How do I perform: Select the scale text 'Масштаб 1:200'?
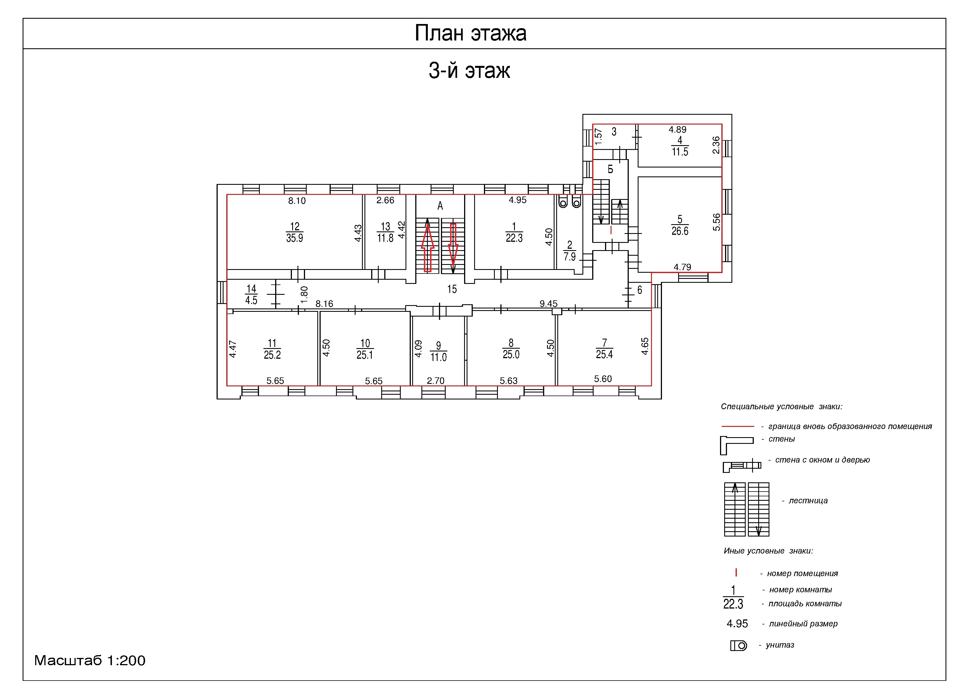pyautogui.click(x=90, y=660)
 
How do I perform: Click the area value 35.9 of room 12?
pyautogui.click(x=295, y=238)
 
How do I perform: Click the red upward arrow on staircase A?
pyautogui.click(x=428, y=245)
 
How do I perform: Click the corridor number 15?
pyautogui.click(x=452, y=289)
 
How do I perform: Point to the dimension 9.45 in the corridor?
pyautogui.click(x=548, y=304)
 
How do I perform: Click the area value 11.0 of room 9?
pyautogui.click(x=438, y=357)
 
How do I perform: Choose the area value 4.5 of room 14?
pyautogui.click(x=251, y=300)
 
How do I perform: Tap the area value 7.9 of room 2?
pyautogui.click(x=570, y=257)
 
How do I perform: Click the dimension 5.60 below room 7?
pyautogui.click(x=603, y=379)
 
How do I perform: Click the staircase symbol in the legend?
pyautogui.click(x=747, y=509)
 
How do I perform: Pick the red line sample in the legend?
pyautogui.click(x=738, y=426)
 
